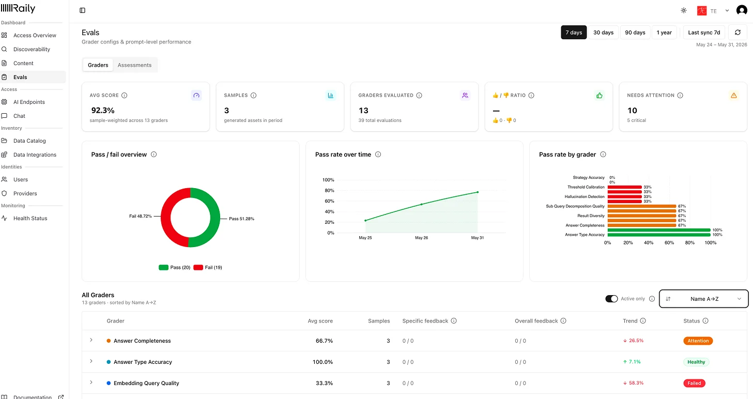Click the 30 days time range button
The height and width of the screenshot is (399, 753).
pos(603,32)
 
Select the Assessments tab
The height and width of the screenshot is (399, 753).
pos(134,65)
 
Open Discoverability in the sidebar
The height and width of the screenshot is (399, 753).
pos(32,49)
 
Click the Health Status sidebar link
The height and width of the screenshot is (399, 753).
pos(30,218)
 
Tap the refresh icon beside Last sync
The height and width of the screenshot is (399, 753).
pos(737,32)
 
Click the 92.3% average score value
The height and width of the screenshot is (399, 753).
pos(103,110)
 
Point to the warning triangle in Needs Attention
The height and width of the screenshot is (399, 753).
pos(734,96)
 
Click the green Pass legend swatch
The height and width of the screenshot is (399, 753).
pos(163,268)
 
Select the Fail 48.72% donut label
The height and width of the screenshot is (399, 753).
pos(141,216)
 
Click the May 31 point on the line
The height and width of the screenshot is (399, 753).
pos(478,192)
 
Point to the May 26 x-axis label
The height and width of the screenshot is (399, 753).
pos(421,238)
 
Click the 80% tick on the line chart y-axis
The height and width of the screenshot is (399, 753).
pos(329,191)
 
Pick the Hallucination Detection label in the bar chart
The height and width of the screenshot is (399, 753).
pos(584,196)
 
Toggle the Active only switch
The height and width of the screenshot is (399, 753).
pos(611,299)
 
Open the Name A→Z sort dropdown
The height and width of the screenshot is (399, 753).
pos(703,299)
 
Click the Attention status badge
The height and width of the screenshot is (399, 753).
pos(698,341)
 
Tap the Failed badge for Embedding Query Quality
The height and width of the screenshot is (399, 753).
pos(694,383)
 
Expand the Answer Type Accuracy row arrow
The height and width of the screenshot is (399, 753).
pos(91,361)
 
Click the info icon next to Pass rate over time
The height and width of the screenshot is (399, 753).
pos(378,155)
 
